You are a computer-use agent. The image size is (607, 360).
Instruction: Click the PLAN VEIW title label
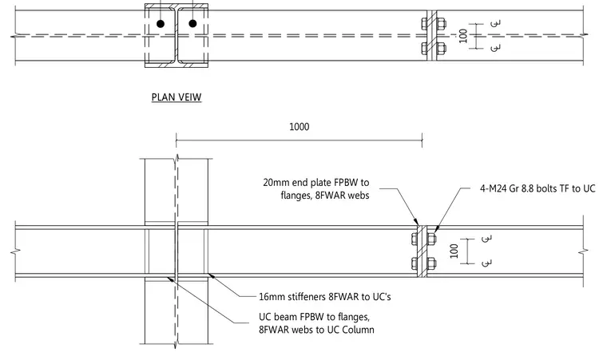[x=177, y=97]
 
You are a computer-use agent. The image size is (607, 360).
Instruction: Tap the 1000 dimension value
[x=300, y=127]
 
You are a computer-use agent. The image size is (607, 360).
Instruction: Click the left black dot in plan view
[x=161, y=24]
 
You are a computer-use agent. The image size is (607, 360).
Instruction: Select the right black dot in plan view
[x=192, y=24]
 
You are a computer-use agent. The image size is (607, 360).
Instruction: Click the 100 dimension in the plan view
[x=463, y=36]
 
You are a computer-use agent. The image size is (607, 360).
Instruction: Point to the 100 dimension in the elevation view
[x=454, y=251]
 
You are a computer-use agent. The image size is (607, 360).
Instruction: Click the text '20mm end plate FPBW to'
[x=316, y=182]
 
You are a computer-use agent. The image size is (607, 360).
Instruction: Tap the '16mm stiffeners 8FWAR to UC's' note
[x=325, y=297]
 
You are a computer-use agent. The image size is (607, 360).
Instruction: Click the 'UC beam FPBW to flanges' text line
[x=315, y=317]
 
